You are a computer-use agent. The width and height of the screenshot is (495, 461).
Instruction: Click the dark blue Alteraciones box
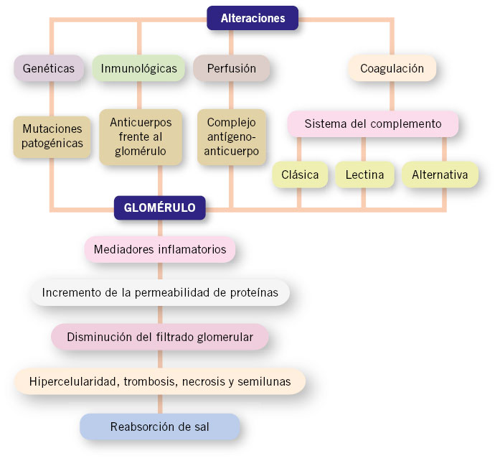[253, 18]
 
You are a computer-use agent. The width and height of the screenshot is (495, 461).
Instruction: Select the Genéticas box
[49, 68]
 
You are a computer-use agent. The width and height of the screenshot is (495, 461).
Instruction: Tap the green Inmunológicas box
[138, 68]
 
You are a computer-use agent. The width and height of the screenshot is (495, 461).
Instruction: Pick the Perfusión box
[232, 68]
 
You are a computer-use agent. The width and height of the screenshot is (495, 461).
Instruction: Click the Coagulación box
[392, 68]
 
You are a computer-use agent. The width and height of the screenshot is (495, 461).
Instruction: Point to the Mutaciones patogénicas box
[52, 136]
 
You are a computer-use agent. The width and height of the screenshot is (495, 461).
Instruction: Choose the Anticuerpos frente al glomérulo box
[141, 137]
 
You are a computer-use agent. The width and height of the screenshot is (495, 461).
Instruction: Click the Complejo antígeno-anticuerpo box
[232, 137]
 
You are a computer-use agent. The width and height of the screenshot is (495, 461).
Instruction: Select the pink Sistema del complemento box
[373, 124]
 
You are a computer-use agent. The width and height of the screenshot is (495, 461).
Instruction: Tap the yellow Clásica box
[300, 174]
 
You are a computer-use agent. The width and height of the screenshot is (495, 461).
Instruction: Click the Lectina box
[364, 174]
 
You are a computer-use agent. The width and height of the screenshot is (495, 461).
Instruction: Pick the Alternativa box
[440, 174]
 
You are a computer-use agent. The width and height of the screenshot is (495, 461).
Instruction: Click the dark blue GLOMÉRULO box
[160, 208]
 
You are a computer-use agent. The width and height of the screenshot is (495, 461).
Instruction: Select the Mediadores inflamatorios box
[160, 250]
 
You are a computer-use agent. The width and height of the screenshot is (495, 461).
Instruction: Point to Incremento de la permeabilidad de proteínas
[160, 292]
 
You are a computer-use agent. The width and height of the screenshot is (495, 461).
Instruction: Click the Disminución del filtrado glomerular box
[160, 337]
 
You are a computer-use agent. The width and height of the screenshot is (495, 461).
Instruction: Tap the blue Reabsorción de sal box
[160, 427]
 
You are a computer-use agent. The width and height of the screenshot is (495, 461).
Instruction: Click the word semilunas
[264, 382]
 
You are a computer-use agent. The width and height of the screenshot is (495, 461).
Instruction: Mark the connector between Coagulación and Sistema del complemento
[392, 96]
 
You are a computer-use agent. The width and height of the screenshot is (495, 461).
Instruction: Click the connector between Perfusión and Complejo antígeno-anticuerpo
[232, 96]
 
